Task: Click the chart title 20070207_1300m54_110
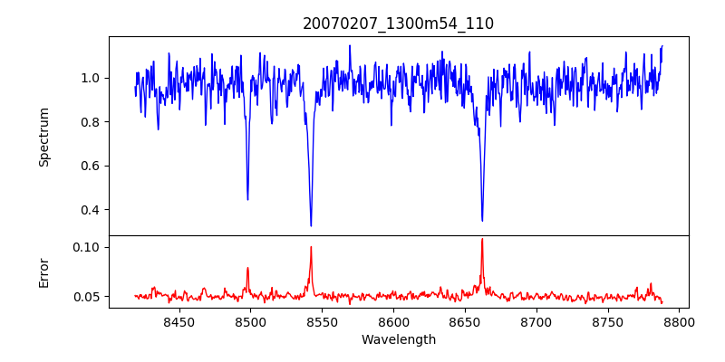398,24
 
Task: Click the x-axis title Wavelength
398,340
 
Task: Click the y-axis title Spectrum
43,137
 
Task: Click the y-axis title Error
43,271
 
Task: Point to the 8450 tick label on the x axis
179,321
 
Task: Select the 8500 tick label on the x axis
250,321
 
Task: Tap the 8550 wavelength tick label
322,321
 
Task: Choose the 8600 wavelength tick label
393,321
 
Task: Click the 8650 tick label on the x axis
465,321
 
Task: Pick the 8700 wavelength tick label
536,321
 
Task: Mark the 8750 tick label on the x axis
608,321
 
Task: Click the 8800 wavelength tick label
680,321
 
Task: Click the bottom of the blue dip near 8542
311,225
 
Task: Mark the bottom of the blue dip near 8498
247,199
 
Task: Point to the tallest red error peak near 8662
482,239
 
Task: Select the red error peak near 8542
311,247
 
